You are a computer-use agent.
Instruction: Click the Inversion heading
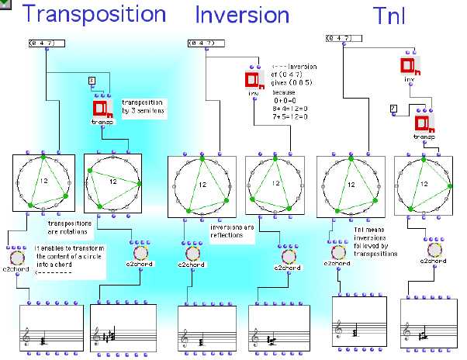point(242,15)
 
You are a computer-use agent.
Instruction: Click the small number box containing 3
point(91,80)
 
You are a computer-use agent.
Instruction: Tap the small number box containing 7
point(393,107)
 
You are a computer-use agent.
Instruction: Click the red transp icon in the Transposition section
point(102,109)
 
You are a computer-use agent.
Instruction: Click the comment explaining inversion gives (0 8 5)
point(301,91)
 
